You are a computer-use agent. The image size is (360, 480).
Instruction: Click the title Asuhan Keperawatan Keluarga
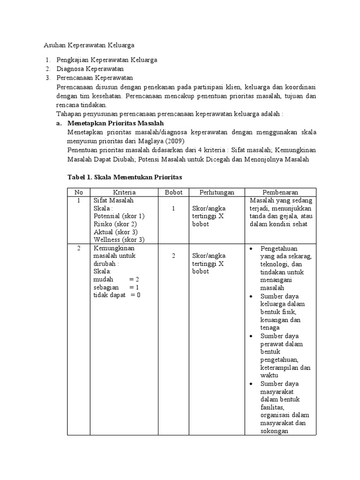[89, 45]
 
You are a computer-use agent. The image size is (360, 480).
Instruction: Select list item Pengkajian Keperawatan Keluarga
[107, 60]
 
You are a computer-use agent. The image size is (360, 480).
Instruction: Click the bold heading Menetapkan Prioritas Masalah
[115, 123]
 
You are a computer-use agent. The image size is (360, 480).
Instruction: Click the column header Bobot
[173, 192]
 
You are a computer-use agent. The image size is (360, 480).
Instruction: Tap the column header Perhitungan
[216, 192]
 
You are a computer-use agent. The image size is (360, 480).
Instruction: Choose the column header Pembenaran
[280, 192]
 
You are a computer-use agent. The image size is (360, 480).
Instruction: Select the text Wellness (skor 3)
[119, 240]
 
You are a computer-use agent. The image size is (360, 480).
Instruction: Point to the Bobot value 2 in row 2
[173, 256]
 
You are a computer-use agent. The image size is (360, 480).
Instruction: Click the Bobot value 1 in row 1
[173, 208]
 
